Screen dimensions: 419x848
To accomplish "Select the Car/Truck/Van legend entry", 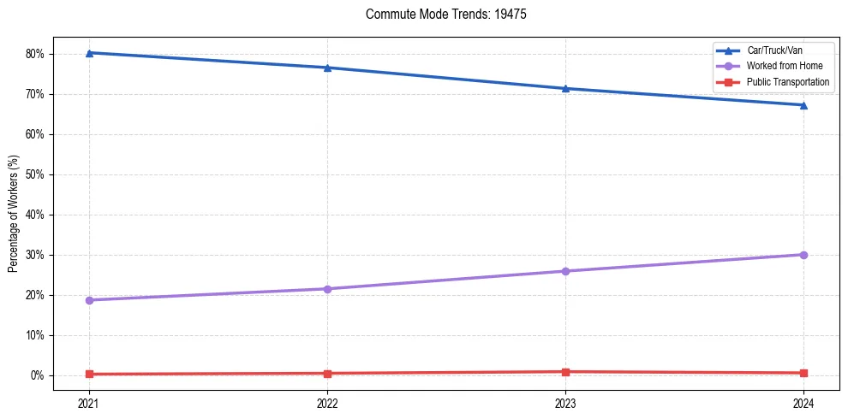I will coord(773,50).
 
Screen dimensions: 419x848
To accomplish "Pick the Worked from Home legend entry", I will coord(785,66).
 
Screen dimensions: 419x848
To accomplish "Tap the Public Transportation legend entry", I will coord(788,82).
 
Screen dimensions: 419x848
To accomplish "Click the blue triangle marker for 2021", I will coord(89,53).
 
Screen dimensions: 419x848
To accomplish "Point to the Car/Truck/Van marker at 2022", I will coord(327,68).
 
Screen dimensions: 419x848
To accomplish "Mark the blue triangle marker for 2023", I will coord(565,89).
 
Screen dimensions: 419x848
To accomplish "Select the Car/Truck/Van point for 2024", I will coord(803,105).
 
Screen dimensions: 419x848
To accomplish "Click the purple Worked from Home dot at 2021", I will coord(89,300).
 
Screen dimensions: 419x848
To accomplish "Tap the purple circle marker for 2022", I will coord(327,289).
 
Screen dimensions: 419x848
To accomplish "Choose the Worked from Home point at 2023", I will coord(565,271).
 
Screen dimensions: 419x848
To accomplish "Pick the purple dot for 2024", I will coord(803,255).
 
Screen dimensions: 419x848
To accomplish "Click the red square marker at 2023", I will coord(565,372).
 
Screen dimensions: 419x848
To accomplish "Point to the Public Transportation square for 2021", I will coord(89,374).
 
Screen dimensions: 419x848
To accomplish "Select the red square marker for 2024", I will coord(803,373).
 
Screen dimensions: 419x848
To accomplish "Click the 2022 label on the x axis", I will coord(327,402).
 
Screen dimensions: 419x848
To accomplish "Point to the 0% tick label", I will coord(37,375).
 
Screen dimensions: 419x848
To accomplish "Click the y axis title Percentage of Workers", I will coord(13,214).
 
